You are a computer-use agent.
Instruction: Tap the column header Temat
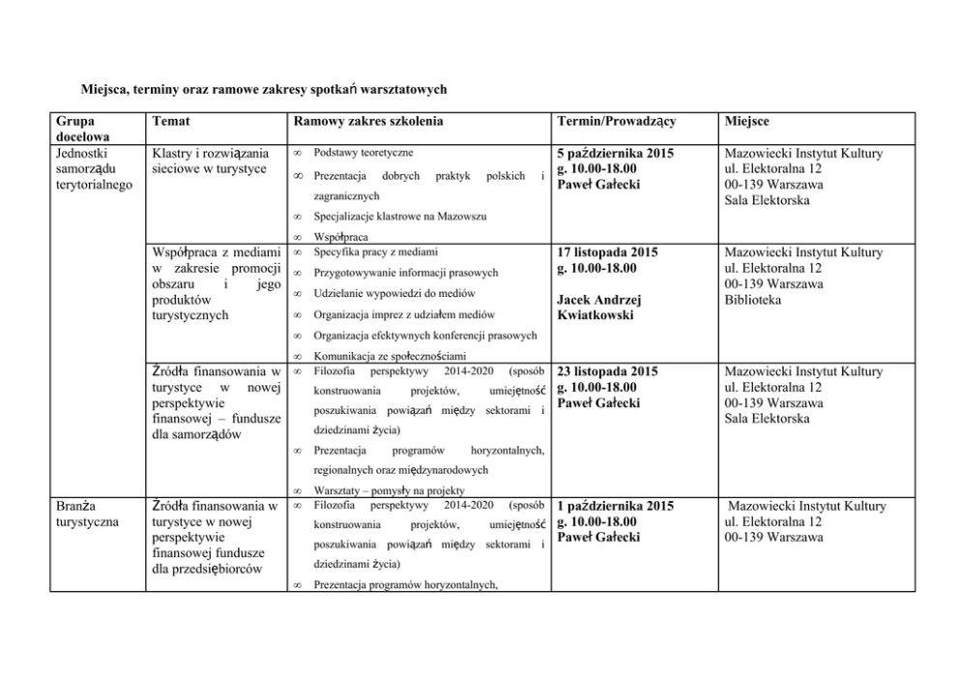coord(170,121)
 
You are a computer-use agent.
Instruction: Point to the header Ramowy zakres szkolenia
coord(368,121)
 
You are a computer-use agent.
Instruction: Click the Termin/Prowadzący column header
coord(616,121)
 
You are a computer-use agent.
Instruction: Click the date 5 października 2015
coord(616,153)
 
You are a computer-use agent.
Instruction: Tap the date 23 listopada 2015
coord(608,371)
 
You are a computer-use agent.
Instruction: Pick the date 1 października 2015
coord(616,506)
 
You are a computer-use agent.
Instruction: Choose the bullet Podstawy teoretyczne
coord(363,154)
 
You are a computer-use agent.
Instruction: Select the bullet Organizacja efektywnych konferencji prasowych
coord(425,336)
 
